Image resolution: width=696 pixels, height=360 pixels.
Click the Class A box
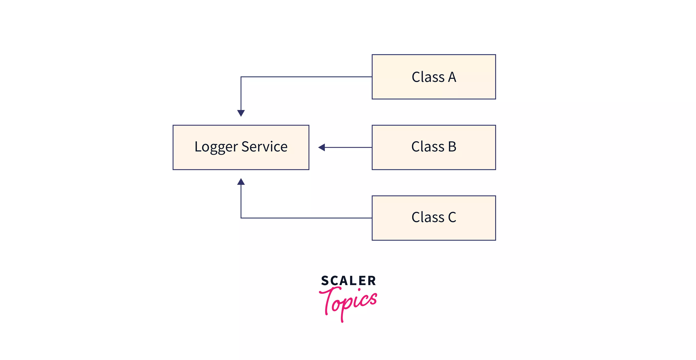coord(434,77)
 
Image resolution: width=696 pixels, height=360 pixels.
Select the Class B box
coord(434,147)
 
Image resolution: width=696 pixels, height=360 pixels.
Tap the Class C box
coord(434,218)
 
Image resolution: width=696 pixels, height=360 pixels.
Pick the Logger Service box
coord(241,147)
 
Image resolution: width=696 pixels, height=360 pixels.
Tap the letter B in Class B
coord(452,147)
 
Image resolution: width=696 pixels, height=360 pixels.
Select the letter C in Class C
coord(452,217)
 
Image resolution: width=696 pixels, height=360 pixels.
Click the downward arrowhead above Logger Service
coord(241,113)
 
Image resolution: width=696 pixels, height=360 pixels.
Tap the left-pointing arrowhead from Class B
coord(322,147)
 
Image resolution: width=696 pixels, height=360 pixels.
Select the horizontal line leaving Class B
coord(349,147)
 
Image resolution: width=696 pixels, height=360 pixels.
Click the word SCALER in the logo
coord(348,281)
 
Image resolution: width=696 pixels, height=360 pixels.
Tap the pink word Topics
coord(349,303)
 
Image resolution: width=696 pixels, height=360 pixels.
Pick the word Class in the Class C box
coord(428,217)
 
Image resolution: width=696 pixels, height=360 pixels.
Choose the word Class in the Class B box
coord(428,147)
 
